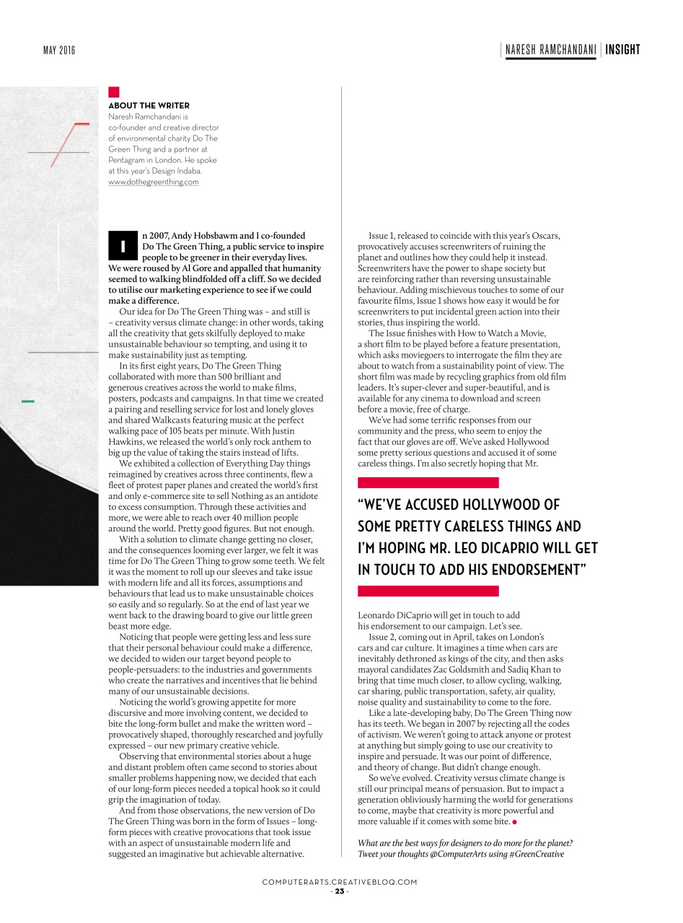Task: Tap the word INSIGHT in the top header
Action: coord(622,50)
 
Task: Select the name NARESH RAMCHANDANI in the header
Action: coord(550,50)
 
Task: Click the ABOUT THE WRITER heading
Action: coord(149,105)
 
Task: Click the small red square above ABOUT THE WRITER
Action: coord(113,92)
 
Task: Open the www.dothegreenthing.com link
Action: coord(153,182)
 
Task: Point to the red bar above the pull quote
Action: coord(428,482)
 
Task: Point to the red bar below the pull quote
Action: coord(428,591)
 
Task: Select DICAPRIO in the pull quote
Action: coord(519,548)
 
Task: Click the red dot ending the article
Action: coord(514,822)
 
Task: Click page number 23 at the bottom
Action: coord(339,891)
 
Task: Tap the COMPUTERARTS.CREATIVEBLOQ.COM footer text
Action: coord(340,882)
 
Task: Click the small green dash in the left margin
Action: coord(28,400)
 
